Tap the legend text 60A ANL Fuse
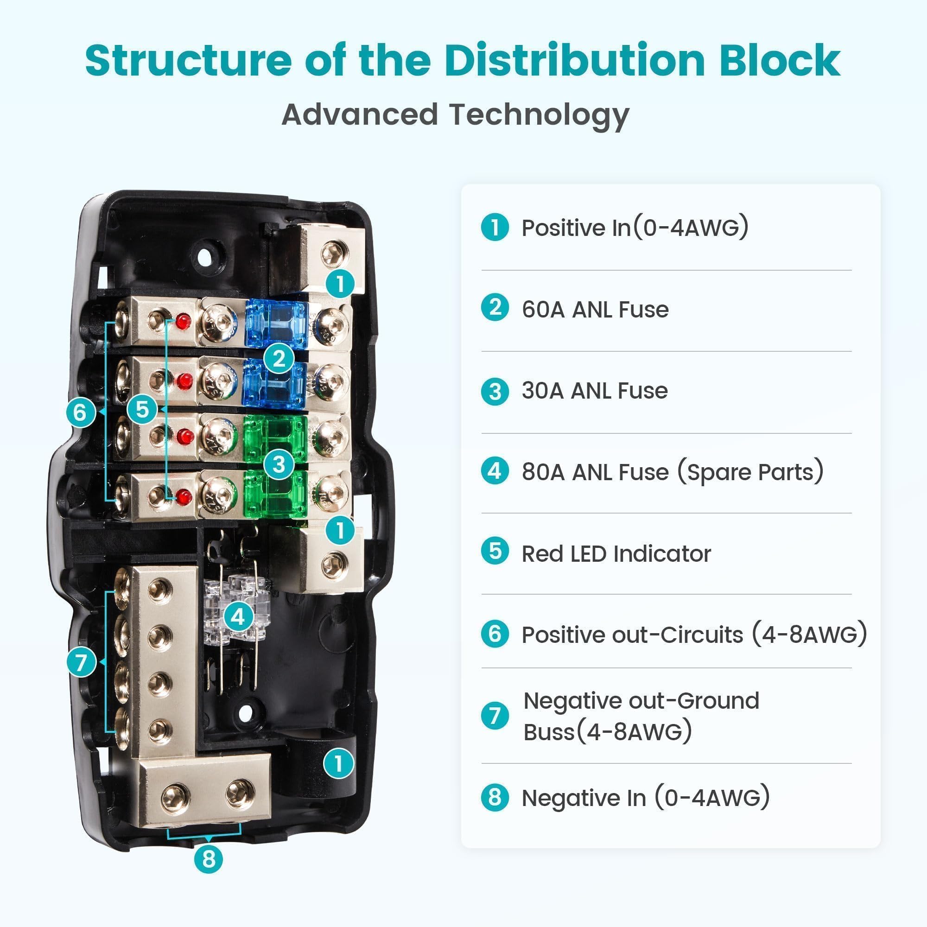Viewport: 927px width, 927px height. tap(595, 310)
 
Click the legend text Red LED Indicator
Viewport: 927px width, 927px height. tap(616, 554)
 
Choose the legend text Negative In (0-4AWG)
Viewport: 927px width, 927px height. tap(645, 798)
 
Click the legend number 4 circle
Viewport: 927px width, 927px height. tap(495, 471)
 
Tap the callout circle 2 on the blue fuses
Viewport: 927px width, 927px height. tap(279, 358)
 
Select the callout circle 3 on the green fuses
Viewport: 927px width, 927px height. tap(279, 464)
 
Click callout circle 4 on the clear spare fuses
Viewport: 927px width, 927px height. tap(238, 616)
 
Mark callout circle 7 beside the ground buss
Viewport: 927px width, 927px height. tap(81, 662)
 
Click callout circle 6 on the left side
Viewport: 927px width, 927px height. tap(80, 412)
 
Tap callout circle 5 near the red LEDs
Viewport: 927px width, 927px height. tap(142, 409)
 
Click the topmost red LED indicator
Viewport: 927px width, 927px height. tap(182, 322)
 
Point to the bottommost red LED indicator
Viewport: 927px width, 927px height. tap(184, 497)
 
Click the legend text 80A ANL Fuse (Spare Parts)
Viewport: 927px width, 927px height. tap(672, 472)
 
